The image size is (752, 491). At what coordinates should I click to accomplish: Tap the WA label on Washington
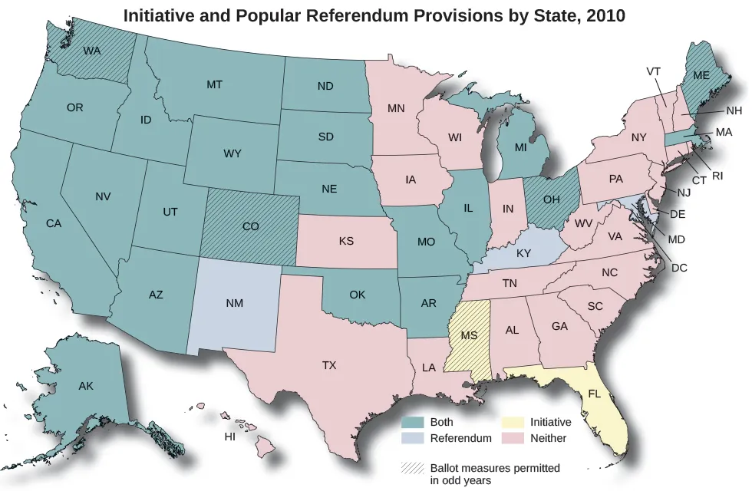92,51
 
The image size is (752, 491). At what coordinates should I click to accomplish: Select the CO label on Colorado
250,227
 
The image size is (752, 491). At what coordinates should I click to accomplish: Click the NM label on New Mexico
235,304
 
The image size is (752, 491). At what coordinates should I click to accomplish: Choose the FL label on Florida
595,394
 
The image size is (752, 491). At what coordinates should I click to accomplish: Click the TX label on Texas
329,365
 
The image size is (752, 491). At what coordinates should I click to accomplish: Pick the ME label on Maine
701,75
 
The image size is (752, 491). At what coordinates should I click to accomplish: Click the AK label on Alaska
86,386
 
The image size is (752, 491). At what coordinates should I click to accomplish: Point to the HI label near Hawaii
229,437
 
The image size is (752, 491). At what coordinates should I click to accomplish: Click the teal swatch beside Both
413,422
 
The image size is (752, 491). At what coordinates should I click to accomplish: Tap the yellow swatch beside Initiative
513,422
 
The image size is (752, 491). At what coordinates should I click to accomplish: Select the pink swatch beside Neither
513,438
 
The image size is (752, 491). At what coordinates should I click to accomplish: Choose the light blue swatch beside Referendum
413,438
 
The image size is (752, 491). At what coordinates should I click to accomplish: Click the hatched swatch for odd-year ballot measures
413,467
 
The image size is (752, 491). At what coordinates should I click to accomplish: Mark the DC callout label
679,268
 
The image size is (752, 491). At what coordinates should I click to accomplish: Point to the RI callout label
717,176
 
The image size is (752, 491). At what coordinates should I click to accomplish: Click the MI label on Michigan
521,147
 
